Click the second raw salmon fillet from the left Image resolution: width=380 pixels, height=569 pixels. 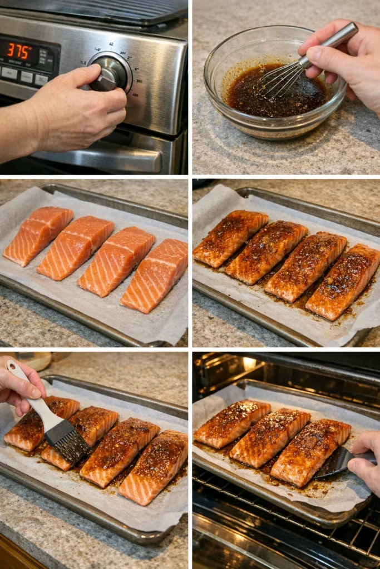75,247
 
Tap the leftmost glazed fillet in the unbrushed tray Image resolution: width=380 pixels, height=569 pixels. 230,237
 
